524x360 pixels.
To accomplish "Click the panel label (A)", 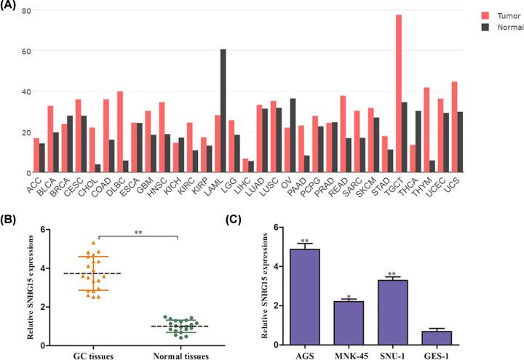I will click(10, 5).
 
